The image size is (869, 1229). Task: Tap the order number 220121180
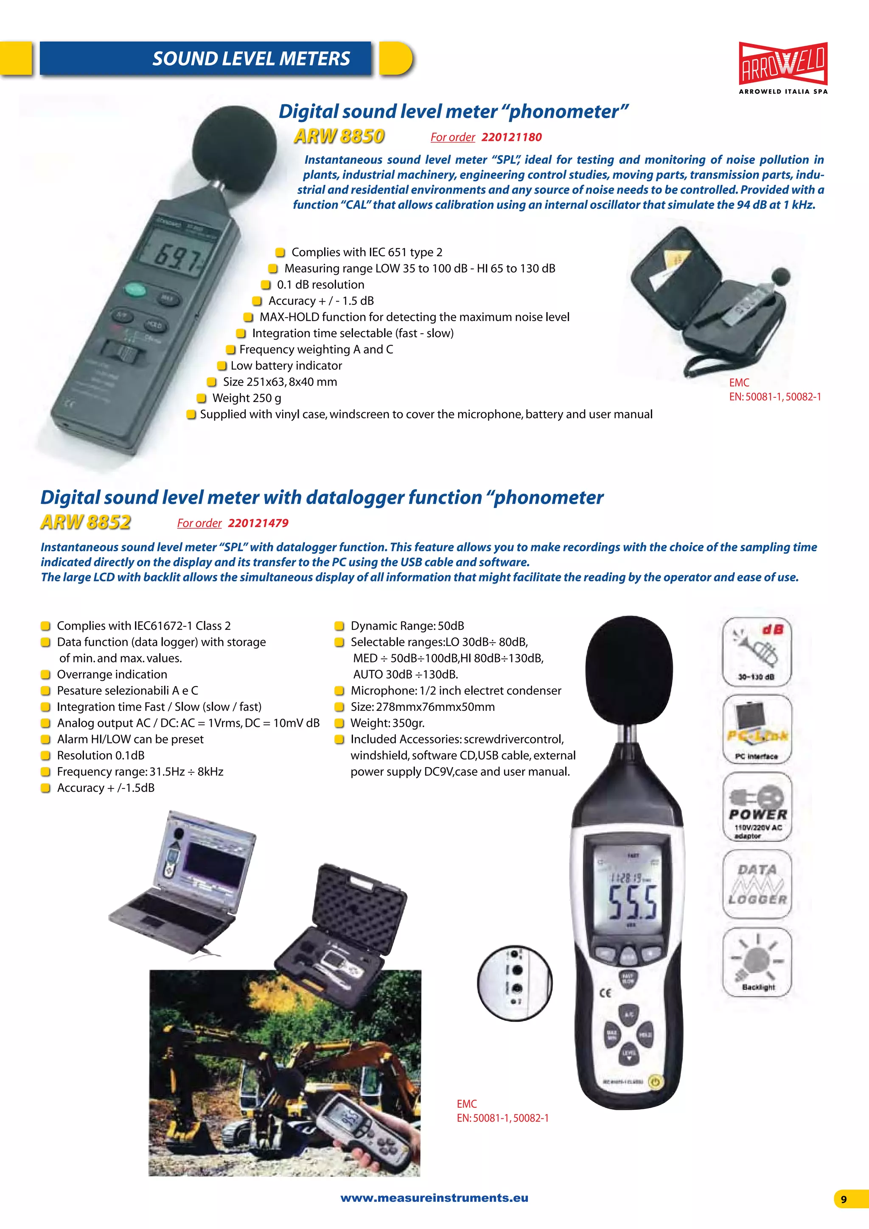[x=511, y=137]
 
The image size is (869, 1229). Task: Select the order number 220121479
[x=258, y=523]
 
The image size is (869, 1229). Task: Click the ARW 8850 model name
[x=339, y=136]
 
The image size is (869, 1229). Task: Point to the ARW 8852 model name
[x=86, y=522]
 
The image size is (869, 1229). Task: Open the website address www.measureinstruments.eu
[x=434, y=1198]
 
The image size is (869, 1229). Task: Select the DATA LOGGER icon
[x=757, y=884]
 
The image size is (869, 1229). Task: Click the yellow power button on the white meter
[x=655, y=1082]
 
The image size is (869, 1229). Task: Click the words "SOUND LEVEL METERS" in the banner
[x=251, y=59]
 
